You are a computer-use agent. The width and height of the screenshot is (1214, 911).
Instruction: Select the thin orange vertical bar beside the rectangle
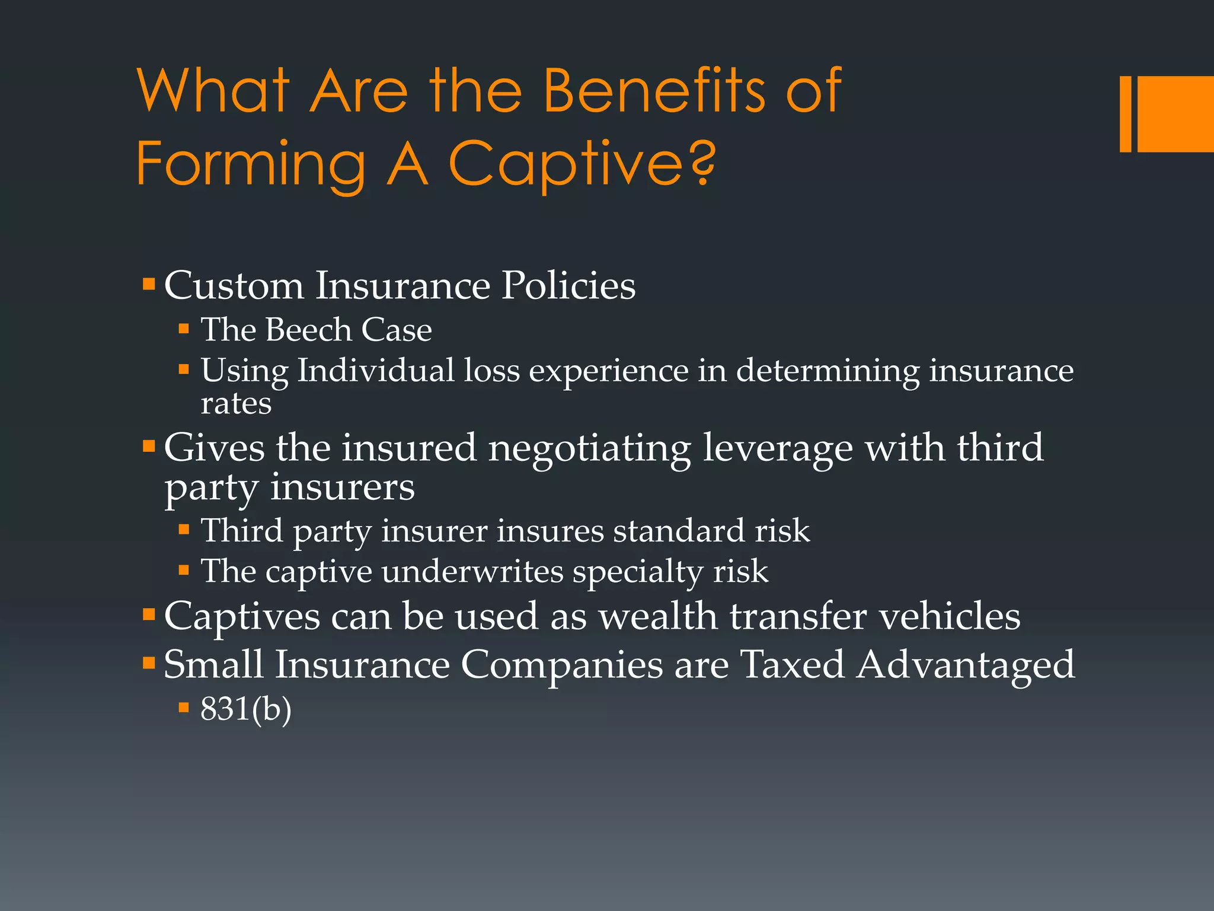pos(1125,114)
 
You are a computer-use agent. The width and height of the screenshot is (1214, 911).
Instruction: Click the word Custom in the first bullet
pos(234,286)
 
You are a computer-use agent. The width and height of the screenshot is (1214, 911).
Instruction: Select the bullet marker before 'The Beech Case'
pos(184,329)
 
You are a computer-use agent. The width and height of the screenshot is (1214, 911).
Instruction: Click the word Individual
pos(375,371)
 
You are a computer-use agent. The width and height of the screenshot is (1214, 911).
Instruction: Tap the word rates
pos(236,404)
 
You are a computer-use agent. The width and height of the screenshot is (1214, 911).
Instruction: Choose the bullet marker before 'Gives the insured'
pos(149,445)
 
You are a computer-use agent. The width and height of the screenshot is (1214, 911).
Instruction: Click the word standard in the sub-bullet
pos(678,530)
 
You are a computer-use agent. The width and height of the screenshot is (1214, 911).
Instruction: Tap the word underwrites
pos(472,572)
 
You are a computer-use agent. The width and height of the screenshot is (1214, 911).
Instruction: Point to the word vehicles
pos(949,616)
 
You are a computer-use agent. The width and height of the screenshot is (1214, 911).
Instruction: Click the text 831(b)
pos(246,709)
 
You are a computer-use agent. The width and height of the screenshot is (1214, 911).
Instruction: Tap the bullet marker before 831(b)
pos(184,707)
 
